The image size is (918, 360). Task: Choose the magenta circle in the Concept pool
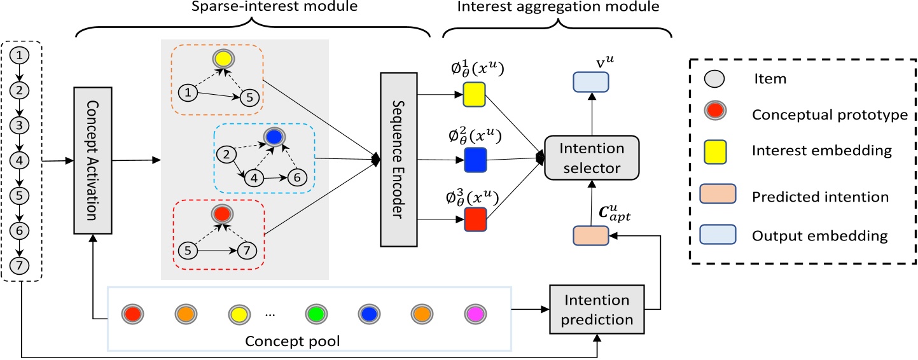tap(476, 315)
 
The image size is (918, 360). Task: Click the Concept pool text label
tap(294, 340)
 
